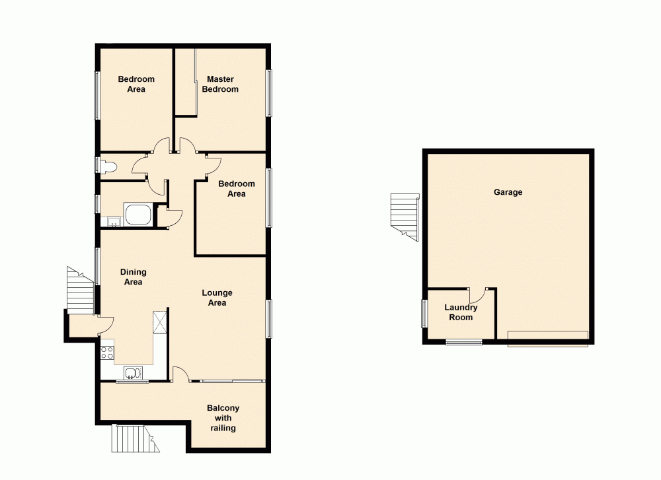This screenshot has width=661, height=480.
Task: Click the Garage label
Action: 508,192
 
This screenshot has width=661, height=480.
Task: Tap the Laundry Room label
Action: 461,312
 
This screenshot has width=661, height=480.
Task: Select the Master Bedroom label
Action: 220,84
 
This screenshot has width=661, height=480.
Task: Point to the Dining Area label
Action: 134,277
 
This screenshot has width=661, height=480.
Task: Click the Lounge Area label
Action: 217,298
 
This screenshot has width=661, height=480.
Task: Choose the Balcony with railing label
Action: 223,418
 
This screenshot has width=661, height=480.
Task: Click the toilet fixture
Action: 108,166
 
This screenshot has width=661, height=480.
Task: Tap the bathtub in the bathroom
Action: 138,215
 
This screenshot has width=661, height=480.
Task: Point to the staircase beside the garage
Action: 405,213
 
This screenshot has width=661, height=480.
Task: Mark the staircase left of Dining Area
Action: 81,291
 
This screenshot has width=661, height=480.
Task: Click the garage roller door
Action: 547,337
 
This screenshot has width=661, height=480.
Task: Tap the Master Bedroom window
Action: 269,93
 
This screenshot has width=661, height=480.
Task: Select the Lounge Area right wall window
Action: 269,318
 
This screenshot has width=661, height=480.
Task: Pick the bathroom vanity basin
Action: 112,221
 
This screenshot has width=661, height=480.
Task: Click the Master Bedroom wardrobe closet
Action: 186,83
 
